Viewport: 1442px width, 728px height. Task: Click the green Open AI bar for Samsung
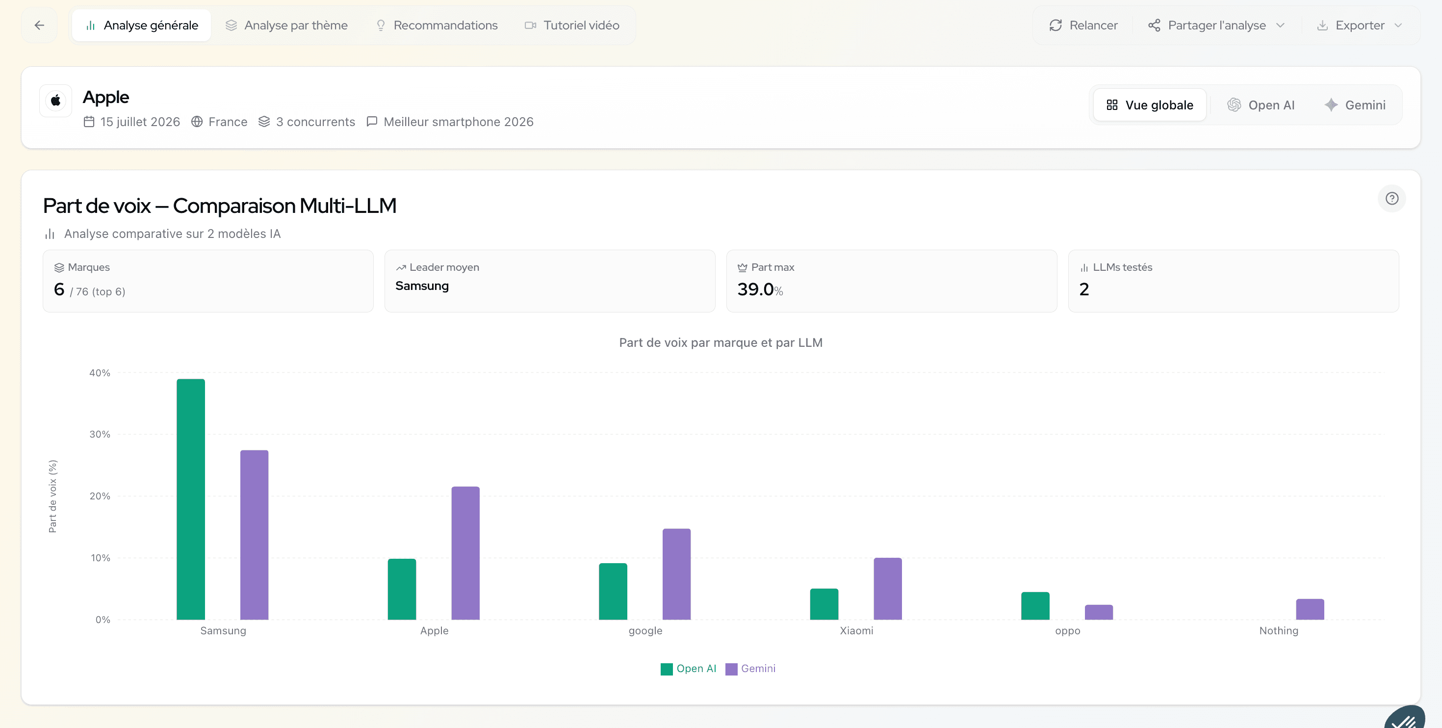click(190, 499)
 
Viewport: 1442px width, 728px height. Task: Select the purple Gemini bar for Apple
click(465, 553)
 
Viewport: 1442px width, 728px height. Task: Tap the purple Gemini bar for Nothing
click(1310, 609)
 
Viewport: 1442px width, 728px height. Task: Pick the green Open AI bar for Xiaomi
click(824, 604)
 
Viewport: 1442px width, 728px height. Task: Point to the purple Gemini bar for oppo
click(1099, 612)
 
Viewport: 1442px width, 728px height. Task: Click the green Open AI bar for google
click(613, 591)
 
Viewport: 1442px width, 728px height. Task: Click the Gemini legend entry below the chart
click(750, 669)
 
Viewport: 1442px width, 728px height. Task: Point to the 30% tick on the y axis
click(100, 434)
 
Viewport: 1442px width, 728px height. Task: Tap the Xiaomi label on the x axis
click(856, 630)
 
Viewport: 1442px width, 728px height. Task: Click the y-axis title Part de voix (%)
click(52, 496)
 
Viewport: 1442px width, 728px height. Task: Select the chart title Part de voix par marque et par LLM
click(721, 343)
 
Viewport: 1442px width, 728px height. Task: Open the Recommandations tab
click(437, 25)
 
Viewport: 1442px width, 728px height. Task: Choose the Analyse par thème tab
click(286, 25)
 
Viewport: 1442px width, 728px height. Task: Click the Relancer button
click(1083, 25)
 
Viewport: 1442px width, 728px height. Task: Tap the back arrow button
click(39, 25)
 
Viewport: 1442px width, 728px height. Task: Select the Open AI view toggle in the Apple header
click(1261, 105)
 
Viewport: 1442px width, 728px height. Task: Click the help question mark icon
click(1391, 198)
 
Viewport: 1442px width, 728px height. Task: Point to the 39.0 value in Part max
click(755, 289)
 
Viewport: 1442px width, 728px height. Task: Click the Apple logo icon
click(55, 101)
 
